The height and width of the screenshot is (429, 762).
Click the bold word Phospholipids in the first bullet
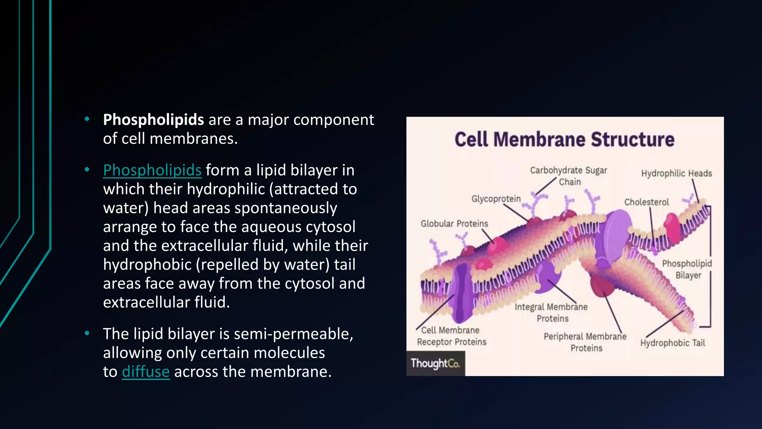tap(153, 120)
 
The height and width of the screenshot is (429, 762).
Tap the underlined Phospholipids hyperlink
tap(152, 170)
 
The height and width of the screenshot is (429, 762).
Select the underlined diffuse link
tap(145, 372)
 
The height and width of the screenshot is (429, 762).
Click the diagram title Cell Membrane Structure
tap(564, 140)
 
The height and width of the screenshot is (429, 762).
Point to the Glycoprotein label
tap(496, 199)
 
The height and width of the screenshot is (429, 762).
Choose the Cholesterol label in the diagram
tap(646, 202)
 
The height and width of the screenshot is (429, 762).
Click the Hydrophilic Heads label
tap(676, 174)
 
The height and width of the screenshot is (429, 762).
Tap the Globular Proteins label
tap(454, 223)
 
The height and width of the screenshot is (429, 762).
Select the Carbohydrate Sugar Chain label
tap(569, 176)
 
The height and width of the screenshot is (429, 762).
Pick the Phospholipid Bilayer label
tap(687, 269)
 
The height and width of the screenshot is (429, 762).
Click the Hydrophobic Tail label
tap(672, 343)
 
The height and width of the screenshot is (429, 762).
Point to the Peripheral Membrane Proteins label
tap(585, 342)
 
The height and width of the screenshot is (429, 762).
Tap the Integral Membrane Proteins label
tap(551, 313)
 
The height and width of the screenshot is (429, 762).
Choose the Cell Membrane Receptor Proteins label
tap(451, 336)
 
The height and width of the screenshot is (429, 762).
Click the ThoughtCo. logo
tap(435, 363)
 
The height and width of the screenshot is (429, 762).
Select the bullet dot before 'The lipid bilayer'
tap(87, 333)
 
